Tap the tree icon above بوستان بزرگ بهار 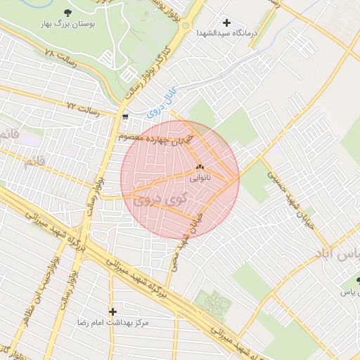(67, 13)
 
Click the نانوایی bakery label (199, 179)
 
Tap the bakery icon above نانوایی (199, 167)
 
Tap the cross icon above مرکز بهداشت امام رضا (112, 311)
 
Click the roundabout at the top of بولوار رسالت (186, 26)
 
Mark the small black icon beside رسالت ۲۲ (125, 117)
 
